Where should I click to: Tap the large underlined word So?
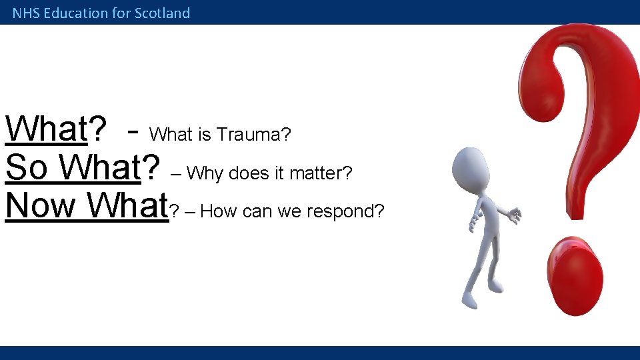27,168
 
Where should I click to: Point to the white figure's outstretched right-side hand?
513,215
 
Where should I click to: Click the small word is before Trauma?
204,135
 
